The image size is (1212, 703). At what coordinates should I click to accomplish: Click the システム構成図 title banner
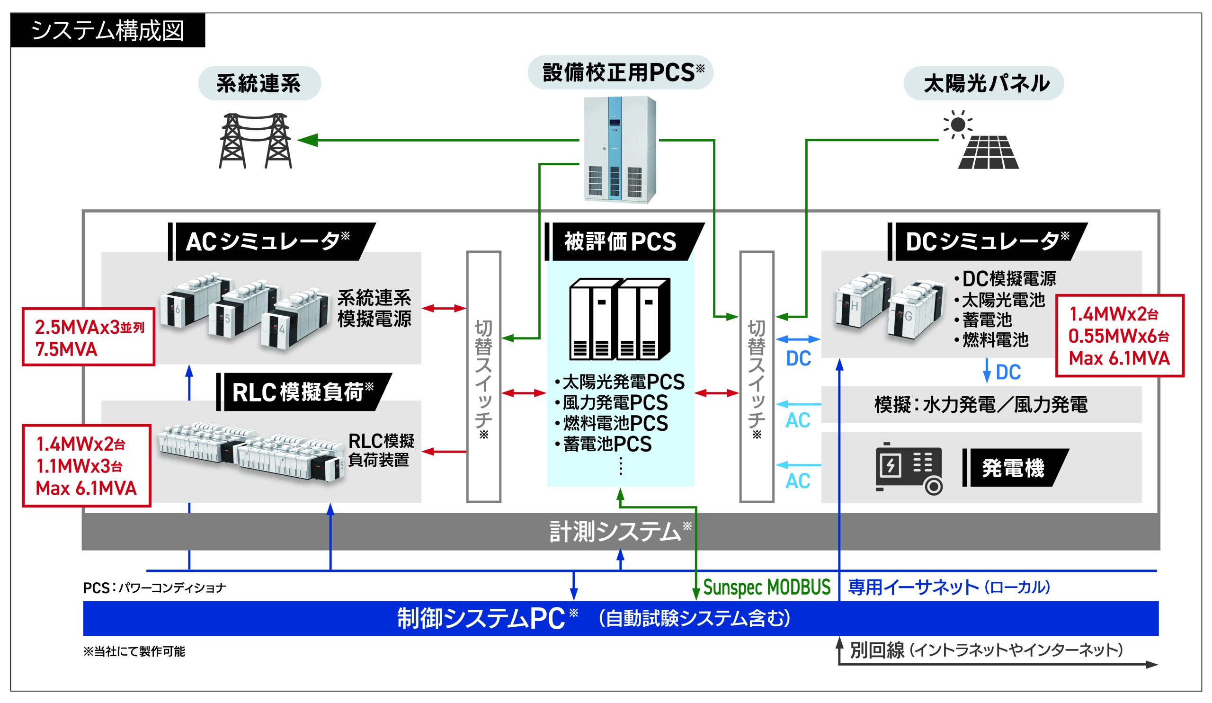[x=108, y=30]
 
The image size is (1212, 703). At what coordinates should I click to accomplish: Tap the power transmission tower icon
[x=255, y=141]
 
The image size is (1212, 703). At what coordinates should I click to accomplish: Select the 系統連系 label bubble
[x=259, y=84]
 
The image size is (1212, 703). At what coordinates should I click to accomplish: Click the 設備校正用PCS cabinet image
[x=619, y=149]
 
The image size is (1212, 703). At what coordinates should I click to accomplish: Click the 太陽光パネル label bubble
[x=984, y=84]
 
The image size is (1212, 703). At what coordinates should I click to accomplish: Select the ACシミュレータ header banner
[x=272, y=241]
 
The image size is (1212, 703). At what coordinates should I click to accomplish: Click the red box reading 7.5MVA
[x=89, y=338]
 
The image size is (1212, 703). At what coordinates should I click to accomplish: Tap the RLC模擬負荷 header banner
[x=304, y=392]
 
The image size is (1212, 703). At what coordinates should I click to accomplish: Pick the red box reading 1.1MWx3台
[x=87, y=465]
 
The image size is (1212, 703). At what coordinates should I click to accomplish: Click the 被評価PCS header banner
[x=624, y=241]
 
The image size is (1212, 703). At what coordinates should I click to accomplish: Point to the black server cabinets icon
[x=619, y=319]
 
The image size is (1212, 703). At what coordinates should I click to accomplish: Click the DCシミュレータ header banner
[x=987, y=241]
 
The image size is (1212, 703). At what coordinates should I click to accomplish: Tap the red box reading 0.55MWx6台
[x=1119, y=336]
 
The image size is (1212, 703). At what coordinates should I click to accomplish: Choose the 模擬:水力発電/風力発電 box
[x=981, y=405]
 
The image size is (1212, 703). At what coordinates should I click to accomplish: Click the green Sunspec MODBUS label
[x=766, y=587]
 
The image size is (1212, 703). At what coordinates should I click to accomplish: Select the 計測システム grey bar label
[x=620, y=532]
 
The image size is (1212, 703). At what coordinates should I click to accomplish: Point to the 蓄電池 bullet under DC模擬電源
[x=987, y=320]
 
